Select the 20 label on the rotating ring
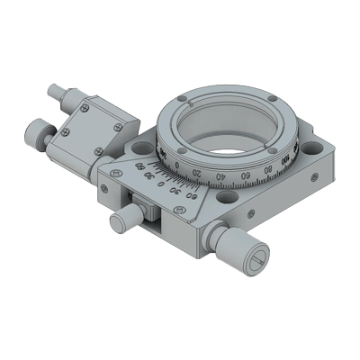pyautogui.click(x=195, y=173)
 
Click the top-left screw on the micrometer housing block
pyautogui.click(x=84, y=108)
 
